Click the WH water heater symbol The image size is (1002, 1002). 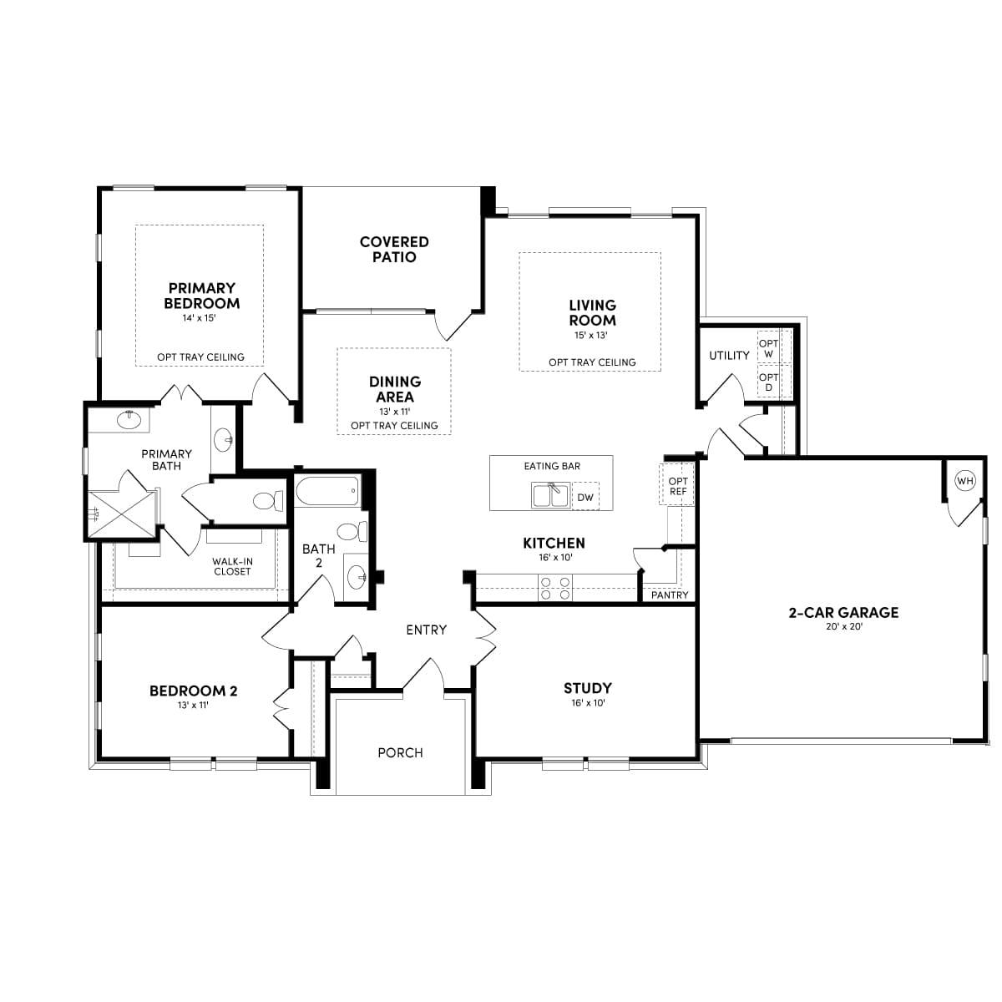tap(965, 480)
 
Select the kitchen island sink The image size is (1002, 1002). tap(550, 495)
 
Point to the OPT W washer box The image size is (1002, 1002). tap(768, 348)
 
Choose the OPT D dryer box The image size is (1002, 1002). tap(768, 382)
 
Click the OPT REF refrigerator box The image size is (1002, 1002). tap(678, 486)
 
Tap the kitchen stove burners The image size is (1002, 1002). tap(555, 589)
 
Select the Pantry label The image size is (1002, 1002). tap(670, 595)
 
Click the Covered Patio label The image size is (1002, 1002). tap(394, 249)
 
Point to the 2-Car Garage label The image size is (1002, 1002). tap(843, 612)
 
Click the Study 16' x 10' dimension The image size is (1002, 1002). tap(588, 703)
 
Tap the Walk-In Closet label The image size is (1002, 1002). tap(231, 566)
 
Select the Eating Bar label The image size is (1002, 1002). tap(552, 466)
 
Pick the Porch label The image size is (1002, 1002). tap(400, 752)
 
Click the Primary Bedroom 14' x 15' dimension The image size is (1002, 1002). tap(200, 318)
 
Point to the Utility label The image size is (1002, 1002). tap(729, 355)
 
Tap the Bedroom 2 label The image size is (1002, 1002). tap(193, 691)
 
